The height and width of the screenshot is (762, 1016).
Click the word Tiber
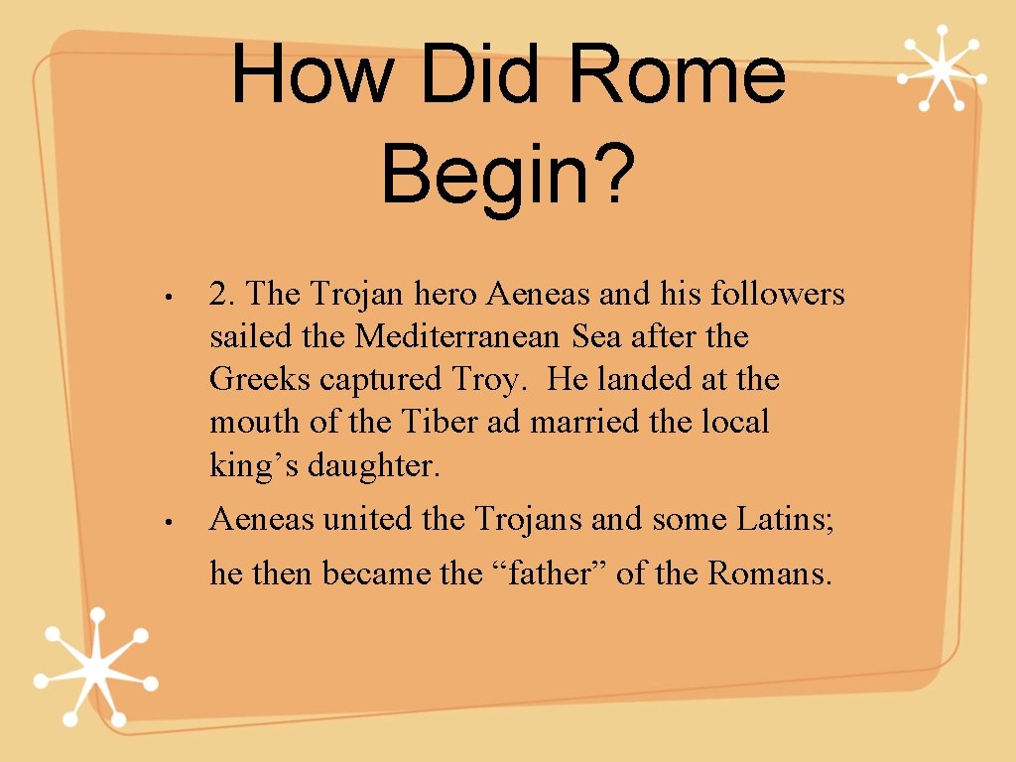coord(440,423)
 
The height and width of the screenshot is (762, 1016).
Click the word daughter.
coord(373,465)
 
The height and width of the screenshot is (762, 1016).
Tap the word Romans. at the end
coord(770,572)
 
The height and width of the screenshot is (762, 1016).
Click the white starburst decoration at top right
coord(942,67)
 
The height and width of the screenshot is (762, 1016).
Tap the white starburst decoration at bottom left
coord(95,668)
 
